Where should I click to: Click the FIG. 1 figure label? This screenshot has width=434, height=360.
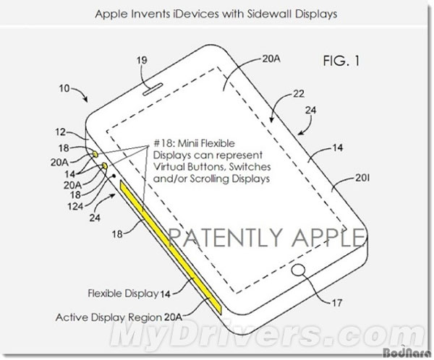[341, 61]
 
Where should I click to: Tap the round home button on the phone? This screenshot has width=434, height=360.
[298, 270]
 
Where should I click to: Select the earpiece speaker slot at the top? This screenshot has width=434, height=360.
[153, 89]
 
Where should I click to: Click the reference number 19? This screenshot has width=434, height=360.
[142, 60]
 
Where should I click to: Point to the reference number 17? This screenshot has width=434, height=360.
[337, 303]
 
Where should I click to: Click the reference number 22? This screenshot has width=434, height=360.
[299, 94]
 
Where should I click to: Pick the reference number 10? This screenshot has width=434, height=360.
[64, 88]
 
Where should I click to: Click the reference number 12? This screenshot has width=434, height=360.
[61, 132]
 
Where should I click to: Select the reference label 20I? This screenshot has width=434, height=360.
[362, 178]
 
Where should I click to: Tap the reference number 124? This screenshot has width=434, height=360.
[75, 206]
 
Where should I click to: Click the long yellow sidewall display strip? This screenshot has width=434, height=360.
[171, 247]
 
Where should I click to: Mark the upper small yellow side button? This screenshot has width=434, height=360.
[95, 155]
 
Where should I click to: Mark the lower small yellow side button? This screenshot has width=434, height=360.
[105, 166]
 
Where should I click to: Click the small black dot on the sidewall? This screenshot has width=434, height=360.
[114, 176]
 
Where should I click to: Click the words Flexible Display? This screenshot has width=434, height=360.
[123, 293]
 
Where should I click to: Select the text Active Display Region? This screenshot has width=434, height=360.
[109, 317]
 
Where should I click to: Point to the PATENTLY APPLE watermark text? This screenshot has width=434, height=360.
[266, 237]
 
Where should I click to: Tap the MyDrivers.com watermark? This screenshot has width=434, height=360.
[267, 335]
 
